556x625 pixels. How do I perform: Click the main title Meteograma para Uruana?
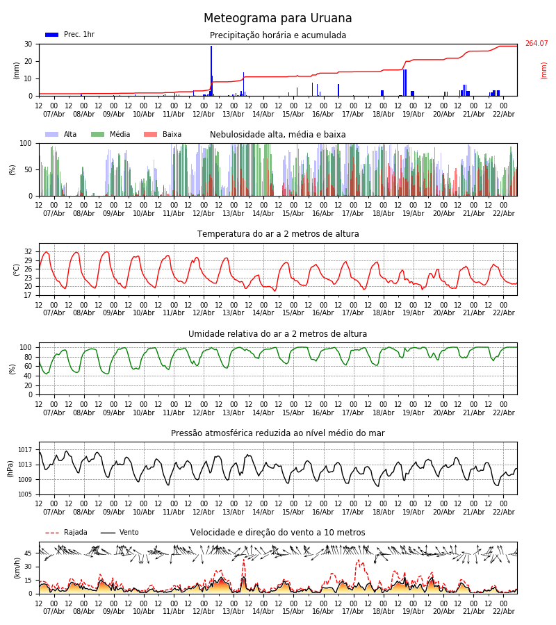coord(278,19)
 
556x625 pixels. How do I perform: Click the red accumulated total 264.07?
coord(536,44)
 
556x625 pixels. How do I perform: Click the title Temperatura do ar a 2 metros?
coord(278,234)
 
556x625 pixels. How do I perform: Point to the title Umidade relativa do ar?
coord(278,334)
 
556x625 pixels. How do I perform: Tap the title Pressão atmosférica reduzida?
coord(278,433)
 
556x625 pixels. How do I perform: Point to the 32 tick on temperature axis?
coord(28,251)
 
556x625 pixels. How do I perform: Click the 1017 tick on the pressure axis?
coord(26,450)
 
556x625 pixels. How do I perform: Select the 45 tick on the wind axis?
coord(28,553)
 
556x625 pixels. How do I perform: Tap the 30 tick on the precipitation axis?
coord(28,44)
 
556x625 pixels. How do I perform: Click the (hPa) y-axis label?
coord(10,468)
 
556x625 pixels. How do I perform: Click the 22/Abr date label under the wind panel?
coord(503,611)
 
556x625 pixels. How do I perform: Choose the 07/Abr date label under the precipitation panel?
coord(54,114)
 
